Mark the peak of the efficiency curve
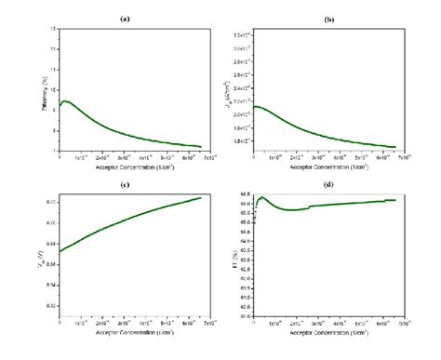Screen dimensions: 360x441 (x=65, y=100)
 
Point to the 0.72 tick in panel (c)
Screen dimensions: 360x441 (x=52, y=201)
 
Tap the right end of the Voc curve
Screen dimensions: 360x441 (x=201, y=197)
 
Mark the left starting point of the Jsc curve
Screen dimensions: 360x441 (x=254, y=107)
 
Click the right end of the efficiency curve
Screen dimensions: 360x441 (x=201, y=146)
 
